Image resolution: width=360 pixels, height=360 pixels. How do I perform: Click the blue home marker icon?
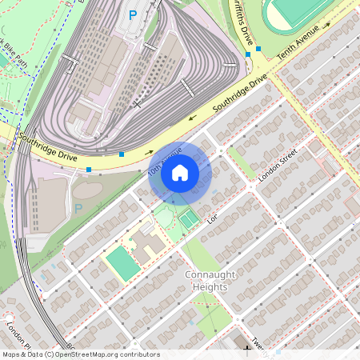point(180,173)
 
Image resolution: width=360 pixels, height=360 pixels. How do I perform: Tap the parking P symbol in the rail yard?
point(133,14)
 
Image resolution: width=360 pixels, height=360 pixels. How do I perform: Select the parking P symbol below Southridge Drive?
point(78,209)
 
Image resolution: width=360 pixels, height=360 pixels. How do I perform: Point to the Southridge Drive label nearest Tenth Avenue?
point(239,95)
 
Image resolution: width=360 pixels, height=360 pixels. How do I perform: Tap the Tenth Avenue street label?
point(298,44)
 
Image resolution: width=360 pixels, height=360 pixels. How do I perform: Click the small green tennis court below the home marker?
point(188,218)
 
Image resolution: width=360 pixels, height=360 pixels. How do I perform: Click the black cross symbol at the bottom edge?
point(246,350)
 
